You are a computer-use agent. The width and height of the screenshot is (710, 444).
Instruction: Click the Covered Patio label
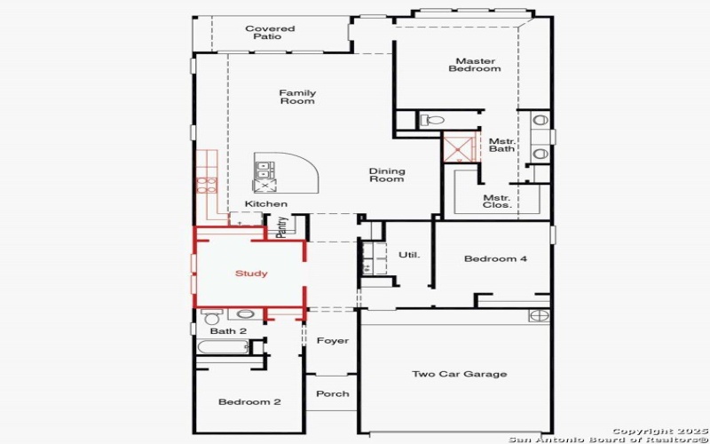(x=270, y=33)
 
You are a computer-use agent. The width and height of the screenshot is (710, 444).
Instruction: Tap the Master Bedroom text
(x=474, y=65)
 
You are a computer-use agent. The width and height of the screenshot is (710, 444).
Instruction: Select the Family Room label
(x=297, y=97)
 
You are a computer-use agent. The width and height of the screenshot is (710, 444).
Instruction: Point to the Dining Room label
(x=387, y=175)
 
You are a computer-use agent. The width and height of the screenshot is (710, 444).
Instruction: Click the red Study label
(x=251, y=274)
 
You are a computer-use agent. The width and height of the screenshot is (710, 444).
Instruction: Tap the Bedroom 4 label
(x=495, y=258)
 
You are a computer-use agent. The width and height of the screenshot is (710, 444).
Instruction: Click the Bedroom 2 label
(x=249, y=402)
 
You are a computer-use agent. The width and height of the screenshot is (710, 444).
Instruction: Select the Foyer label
(x=333, y=341)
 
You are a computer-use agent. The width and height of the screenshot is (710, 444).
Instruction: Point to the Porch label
(x=333, y=393)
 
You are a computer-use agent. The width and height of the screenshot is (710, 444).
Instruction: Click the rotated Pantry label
(x=281, y=227)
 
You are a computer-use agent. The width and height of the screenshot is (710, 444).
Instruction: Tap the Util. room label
(x=408, y=255)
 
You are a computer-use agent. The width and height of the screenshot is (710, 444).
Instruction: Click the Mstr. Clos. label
(x=496, y=201)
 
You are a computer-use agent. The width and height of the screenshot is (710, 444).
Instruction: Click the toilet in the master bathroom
(x=432, y=120)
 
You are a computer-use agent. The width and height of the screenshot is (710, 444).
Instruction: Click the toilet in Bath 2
(x=211, y=316)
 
